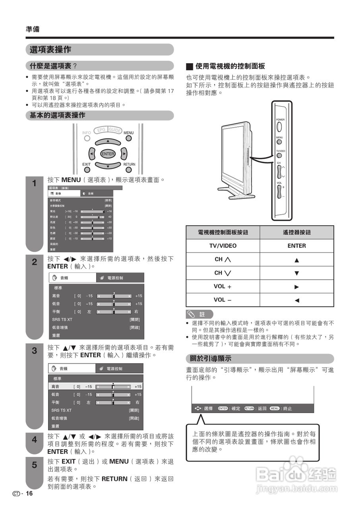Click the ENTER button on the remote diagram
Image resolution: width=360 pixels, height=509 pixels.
click(108, 154)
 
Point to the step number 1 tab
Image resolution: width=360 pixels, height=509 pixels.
click(34, 184)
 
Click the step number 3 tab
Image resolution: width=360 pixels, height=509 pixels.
click(34, 351)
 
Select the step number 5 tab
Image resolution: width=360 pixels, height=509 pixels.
click(34, 464)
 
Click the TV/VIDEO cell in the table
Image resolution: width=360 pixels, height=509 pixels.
click(223, 246)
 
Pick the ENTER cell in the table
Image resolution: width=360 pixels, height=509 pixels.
click(296, 246)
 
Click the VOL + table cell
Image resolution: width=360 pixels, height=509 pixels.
click(223, 287)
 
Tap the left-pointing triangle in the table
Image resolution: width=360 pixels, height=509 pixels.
click(296, 300)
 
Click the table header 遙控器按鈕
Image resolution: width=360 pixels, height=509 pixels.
click(296, 233)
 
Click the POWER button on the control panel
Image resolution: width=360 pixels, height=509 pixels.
click(279, 126)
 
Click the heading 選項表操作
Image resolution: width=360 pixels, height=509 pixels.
click(50, 50)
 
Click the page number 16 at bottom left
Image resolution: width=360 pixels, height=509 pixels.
click(29, 493)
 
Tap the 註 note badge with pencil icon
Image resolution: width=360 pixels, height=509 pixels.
click(199, 314)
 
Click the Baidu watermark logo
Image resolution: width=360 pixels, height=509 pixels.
click(296, 474)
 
